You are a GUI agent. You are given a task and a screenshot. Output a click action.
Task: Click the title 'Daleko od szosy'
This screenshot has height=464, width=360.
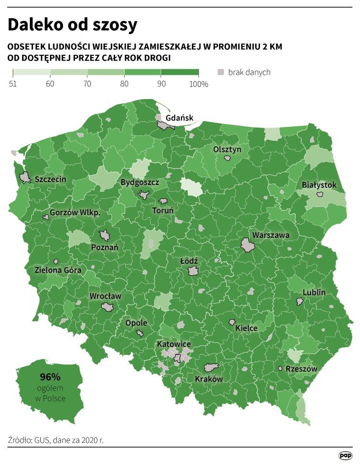72,25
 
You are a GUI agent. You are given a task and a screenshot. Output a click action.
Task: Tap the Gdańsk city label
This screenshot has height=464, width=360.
179,118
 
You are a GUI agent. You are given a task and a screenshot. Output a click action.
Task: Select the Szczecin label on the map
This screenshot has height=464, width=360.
50,179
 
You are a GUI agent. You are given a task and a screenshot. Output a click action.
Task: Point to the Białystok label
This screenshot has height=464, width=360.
319,185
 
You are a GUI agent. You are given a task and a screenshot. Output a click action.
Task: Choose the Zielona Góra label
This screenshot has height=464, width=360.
58,270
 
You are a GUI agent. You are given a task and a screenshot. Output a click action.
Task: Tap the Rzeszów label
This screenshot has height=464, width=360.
301,369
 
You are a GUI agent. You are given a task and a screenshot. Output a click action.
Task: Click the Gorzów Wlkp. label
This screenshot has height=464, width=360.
75,212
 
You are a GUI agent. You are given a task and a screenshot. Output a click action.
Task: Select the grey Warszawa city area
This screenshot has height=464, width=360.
248,245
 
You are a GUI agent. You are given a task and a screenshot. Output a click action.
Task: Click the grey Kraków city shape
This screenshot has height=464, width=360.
211,368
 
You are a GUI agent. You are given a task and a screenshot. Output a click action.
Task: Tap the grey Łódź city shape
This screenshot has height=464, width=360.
193,271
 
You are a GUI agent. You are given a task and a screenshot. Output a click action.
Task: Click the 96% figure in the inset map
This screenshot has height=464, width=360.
50,376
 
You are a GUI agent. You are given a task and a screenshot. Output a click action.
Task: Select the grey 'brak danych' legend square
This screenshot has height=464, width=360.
221,73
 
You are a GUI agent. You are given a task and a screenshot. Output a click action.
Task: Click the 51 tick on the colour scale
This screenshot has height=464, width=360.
13,84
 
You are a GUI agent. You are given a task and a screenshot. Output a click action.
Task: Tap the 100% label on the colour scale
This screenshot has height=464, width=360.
199,84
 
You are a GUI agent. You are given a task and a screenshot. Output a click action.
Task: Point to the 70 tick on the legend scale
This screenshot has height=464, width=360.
87,84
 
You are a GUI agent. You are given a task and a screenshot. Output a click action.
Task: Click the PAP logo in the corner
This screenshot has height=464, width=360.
345,454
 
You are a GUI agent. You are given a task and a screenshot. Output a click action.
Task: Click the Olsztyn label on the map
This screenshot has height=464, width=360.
227,149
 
